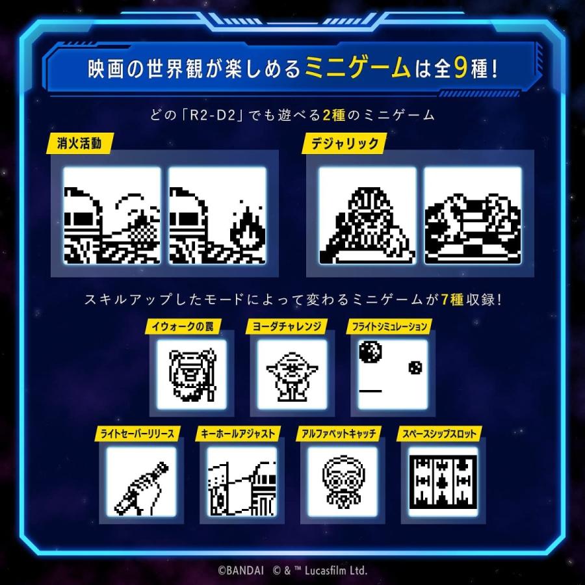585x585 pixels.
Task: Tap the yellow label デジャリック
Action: pos(336,144)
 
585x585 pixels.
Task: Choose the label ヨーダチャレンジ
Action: pos(286,326)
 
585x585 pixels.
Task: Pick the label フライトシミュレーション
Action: pos(388,326)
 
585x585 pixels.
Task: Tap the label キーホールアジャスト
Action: pos(237,434)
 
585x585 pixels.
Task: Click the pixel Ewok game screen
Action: pos(192,374)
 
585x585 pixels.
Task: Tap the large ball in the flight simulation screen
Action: pos(368,353)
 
